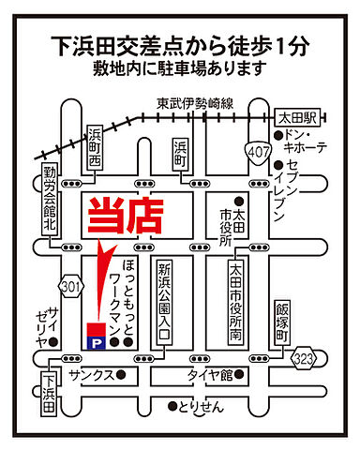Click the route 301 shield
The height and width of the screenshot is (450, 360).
coord(69,283)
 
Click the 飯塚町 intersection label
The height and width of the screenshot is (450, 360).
coord(284,322)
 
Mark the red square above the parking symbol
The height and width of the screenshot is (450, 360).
coord(94,329)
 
